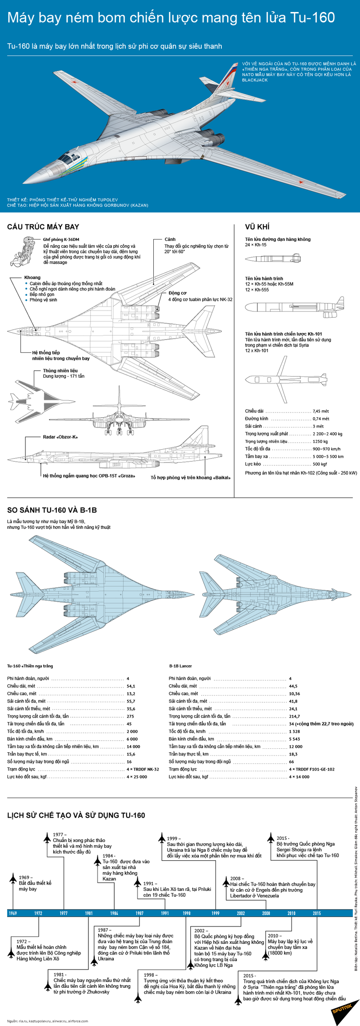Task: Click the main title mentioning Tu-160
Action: [x=171, y=18]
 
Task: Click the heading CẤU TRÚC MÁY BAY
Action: [x=43, y=227]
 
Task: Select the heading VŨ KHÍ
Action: [x=257, y=227]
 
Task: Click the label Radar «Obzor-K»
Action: [x=60, y=437]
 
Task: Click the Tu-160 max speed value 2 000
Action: [x=132, y=731]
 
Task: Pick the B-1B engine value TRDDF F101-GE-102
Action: [x=312, y=769]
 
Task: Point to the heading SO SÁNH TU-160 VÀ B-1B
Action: [x=52, y=510]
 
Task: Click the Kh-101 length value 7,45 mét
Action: [x=320, y=411]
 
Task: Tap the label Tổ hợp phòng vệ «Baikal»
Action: [x=190, y=477]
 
